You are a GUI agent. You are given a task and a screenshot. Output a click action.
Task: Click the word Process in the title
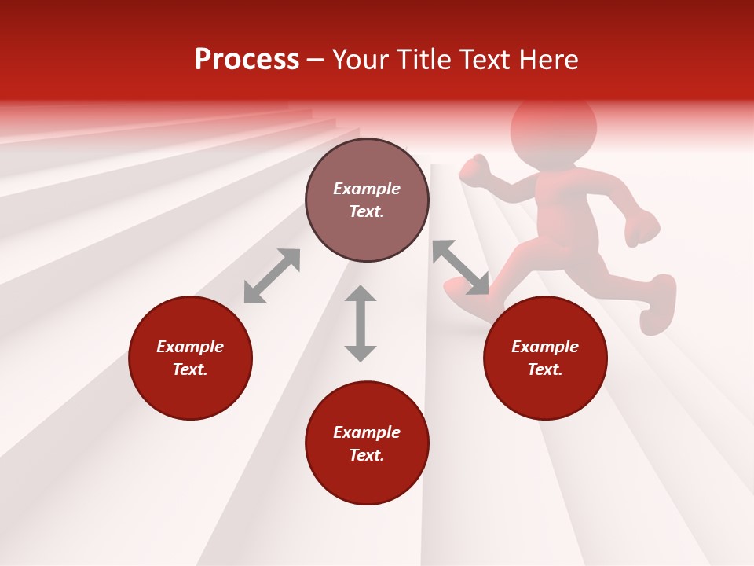247,60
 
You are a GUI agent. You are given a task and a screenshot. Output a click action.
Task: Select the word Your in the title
361,60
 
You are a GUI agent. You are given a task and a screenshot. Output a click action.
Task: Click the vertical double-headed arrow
361,323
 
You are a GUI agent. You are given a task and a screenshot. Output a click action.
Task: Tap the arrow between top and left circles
272,276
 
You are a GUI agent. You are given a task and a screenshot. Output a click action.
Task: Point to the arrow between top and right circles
460,267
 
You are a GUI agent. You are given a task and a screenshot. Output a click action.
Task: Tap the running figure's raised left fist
474,171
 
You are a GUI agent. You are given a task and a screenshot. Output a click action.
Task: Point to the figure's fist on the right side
642,229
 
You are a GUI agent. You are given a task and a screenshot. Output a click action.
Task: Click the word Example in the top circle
367,189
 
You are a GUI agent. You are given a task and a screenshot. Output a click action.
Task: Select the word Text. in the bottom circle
367,455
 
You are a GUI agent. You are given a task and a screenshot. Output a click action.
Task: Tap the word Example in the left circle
190,347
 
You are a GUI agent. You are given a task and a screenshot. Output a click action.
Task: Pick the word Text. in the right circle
545,369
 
